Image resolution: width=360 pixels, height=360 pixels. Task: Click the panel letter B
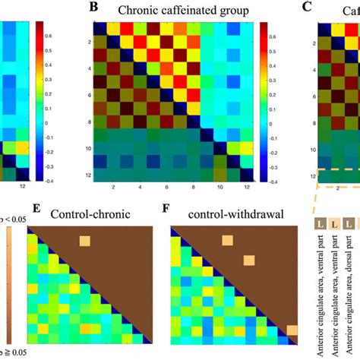[x=93, y=8]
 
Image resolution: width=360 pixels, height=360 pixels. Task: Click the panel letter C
[x=305, y=8]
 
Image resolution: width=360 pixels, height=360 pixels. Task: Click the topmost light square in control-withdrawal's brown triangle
[x=226, y=241]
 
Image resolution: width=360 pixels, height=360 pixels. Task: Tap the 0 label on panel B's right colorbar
[x=278, y=122]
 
